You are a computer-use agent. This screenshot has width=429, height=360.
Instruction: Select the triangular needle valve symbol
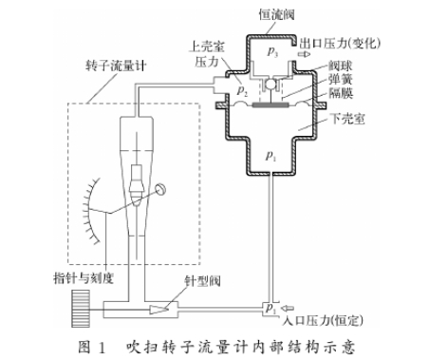159,309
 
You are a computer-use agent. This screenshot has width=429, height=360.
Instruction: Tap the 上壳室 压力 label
208,52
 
